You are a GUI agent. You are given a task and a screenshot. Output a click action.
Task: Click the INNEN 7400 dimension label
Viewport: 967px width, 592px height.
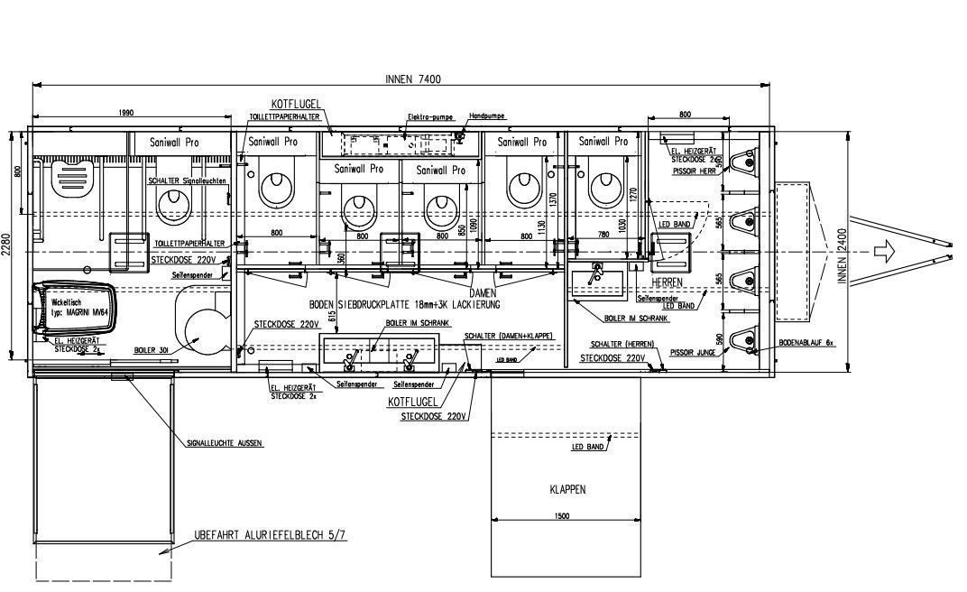click(x=413, y=79)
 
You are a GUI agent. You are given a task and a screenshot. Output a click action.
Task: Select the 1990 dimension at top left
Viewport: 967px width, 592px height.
click(x=125, y=113)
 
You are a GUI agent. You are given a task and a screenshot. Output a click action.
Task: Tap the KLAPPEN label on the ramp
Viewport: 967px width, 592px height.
click(x=567, y=490)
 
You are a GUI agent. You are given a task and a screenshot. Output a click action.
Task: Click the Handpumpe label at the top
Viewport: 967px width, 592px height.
click(x=487, y=116)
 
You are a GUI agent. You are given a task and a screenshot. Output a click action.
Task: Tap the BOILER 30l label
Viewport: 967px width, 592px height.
click(x=152, y=349)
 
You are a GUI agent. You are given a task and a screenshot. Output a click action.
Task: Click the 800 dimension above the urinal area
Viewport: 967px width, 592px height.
click(x=685, y=115)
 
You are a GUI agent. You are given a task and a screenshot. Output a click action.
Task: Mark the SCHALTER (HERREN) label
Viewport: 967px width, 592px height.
click(x=622, y=344)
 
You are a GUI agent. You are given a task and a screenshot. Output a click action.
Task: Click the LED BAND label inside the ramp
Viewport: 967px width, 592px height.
click(x=587, y=447)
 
